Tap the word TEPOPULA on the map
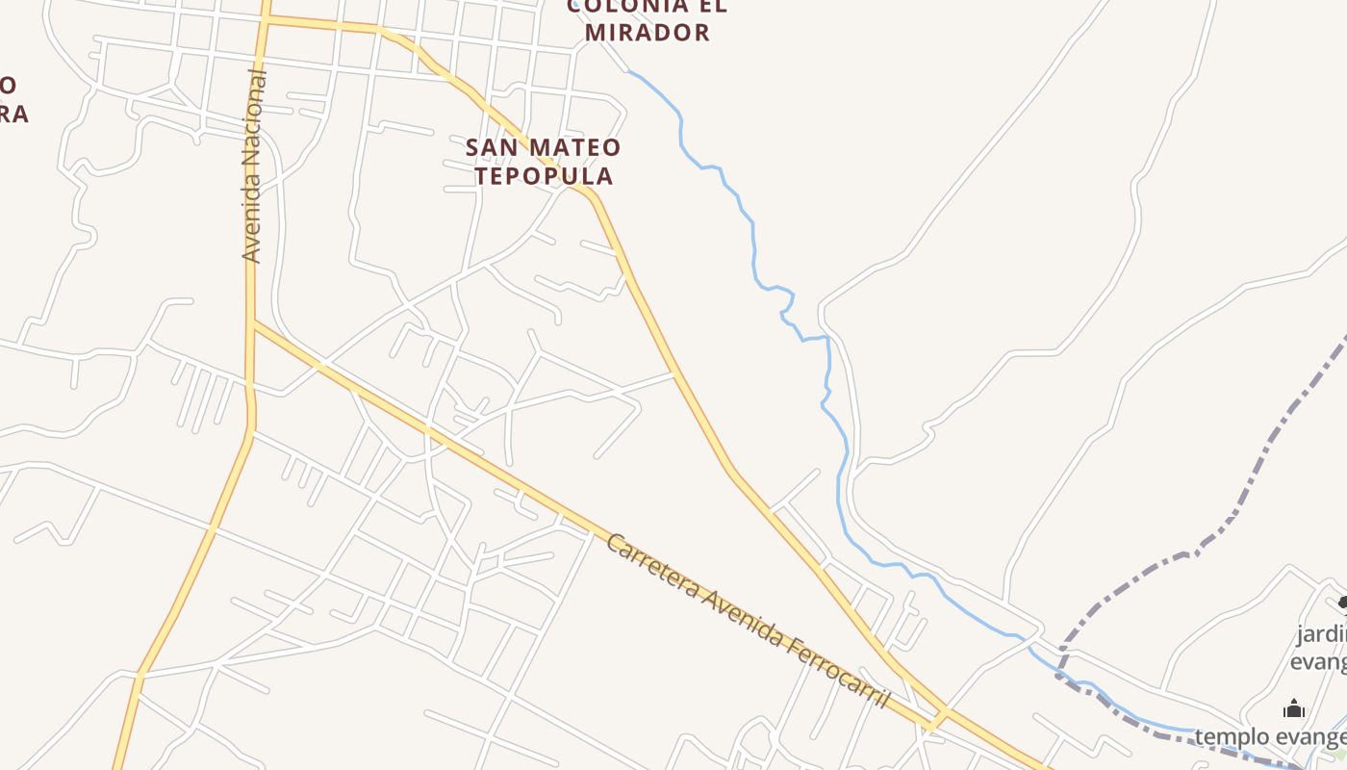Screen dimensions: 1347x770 pos(544,176)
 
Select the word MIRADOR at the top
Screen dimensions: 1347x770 pos(648,32)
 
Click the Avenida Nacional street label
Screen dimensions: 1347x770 pos(252,166)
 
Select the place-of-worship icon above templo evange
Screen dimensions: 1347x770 pos(1294,710)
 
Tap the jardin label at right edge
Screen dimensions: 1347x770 pos(1321,634)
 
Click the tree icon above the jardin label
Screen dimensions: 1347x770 pos(1343,603)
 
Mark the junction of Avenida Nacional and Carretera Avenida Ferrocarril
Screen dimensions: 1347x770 pos(253,323)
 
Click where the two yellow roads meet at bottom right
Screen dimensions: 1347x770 pos(942,718)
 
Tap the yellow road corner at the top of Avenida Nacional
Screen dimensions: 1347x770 pos(265,18)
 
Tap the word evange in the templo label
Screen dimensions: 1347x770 pos(1316,737)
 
